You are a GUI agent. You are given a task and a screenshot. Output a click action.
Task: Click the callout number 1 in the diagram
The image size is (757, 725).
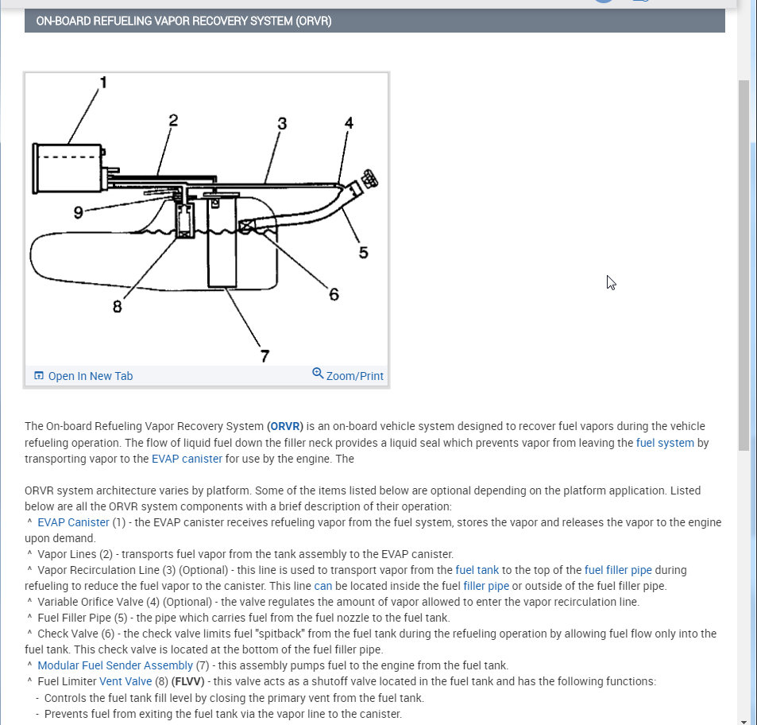(103, 83)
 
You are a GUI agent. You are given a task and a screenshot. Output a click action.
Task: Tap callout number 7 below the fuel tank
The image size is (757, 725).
(265, 355)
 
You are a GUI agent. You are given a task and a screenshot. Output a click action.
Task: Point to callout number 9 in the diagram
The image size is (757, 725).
(78, 212)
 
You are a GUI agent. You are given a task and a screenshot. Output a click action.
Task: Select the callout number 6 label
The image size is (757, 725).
(334, 294)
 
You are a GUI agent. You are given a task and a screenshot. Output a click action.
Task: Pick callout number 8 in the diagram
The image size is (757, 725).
(118, 306)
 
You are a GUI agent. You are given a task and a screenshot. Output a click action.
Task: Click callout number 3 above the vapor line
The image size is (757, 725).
(282, 123)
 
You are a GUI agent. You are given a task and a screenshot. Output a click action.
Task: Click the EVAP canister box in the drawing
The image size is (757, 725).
(68, 168)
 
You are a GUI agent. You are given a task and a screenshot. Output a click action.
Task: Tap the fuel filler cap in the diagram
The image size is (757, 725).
(369, 179)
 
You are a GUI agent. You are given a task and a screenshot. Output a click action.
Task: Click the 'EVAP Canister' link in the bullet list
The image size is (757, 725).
(73, 522)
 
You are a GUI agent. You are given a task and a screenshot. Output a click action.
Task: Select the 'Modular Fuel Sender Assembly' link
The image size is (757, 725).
(115, 665)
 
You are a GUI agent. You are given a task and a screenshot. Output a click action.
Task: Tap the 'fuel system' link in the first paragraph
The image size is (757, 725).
(665, 443)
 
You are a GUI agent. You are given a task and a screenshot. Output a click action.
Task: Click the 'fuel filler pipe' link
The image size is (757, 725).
(618, 570)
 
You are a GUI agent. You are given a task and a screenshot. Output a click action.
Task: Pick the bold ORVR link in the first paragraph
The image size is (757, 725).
(285, 427)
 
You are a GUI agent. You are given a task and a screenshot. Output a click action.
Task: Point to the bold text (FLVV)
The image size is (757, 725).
(189, 681)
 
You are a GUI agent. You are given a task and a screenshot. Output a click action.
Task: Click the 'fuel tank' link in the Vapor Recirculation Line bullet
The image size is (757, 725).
(477, 570)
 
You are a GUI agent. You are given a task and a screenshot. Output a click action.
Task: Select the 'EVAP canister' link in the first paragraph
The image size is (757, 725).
(187, 459)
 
